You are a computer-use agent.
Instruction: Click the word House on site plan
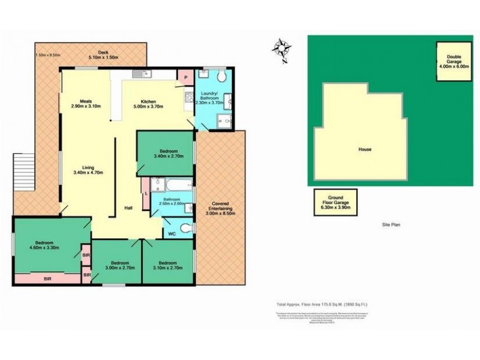tap(365, 149)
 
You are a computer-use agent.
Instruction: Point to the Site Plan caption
tap(391, 225)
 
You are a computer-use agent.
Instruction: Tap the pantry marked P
tap(185, 78)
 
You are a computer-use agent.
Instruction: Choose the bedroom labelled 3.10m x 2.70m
tap(167, 265)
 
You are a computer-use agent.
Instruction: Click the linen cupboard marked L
tap(146, 194)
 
